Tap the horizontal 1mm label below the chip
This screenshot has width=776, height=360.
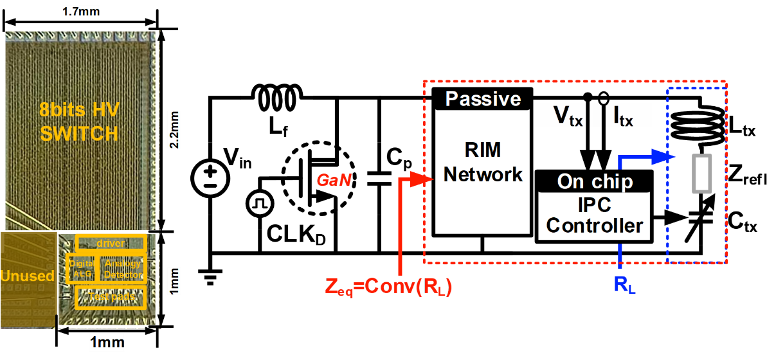[x=106, y=342]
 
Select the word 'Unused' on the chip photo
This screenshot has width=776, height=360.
[x=27, y=276]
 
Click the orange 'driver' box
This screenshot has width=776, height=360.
[x=111, y=243]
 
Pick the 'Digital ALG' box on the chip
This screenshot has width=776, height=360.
[x=80, y=267]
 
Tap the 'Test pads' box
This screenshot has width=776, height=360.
[x=111, y=297]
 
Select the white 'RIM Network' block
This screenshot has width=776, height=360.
[x=483, y=171]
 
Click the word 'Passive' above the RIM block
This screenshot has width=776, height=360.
[x=483, y=99]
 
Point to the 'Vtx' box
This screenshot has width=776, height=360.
[x=560, y=116]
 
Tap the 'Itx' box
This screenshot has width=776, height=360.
[x=628, y=116]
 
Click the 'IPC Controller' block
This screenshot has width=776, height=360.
[x=594, y=216]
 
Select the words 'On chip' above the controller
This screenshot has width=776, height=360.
[x=595, y=181]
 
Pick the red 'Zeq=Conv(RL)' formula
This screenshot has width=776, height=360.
[x=388, y=287]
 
